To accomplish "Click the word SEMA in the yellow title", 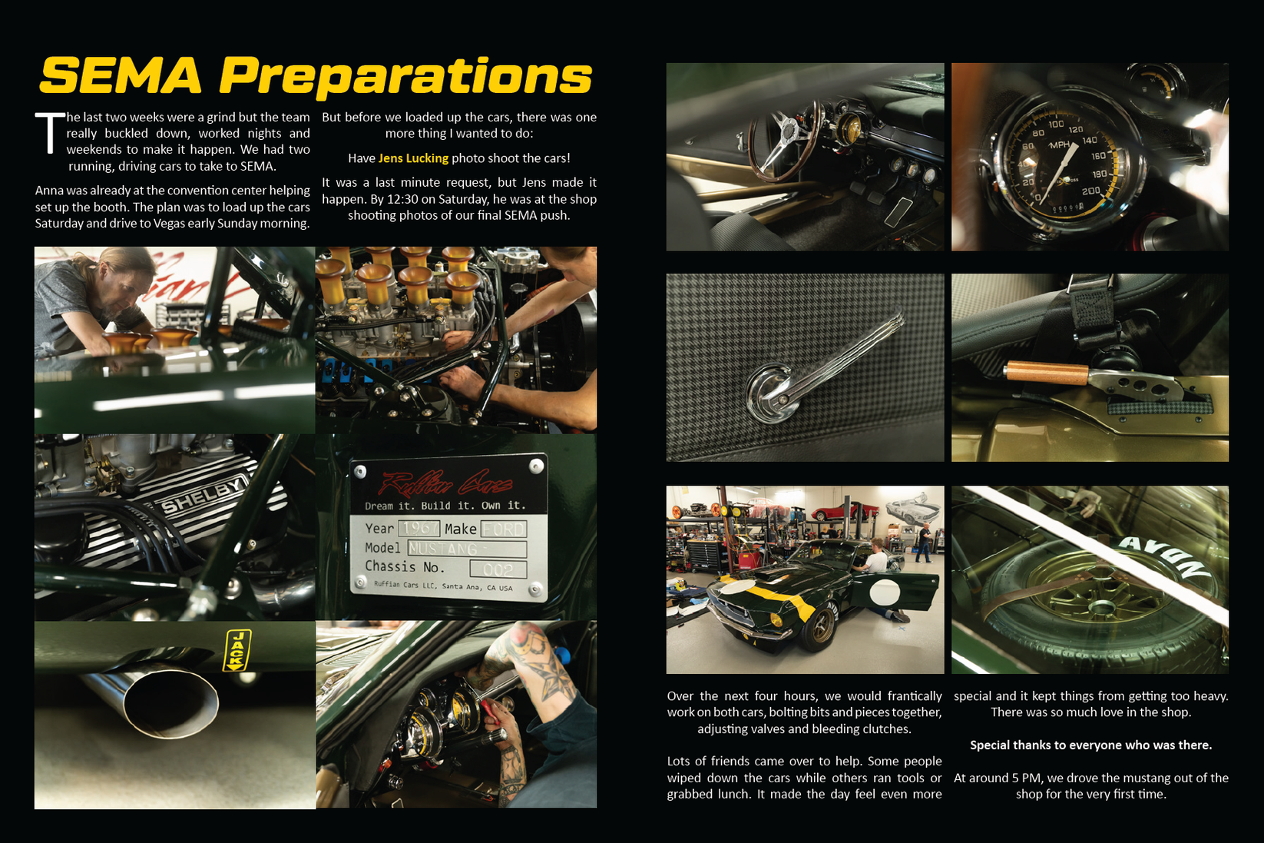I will click(121, 76).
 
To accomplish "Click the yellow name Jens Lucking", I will click(413, 158).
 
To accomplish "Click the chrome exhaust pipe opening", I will click(171, 704).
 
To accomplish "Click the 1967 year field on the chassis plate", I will click(419, 529).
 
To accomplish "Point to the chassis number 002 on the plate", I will click(498, 569).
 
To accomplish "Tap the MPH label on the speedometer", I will click(1060, 145).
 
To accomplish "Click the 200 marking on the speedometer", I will click(1090, 191).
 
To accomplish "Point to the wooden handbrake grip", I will click(1046, 373).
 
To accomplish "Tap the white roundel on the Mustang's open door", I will click(885, 592).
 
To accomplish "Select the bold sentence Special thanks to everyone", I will click(1090, 745).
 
